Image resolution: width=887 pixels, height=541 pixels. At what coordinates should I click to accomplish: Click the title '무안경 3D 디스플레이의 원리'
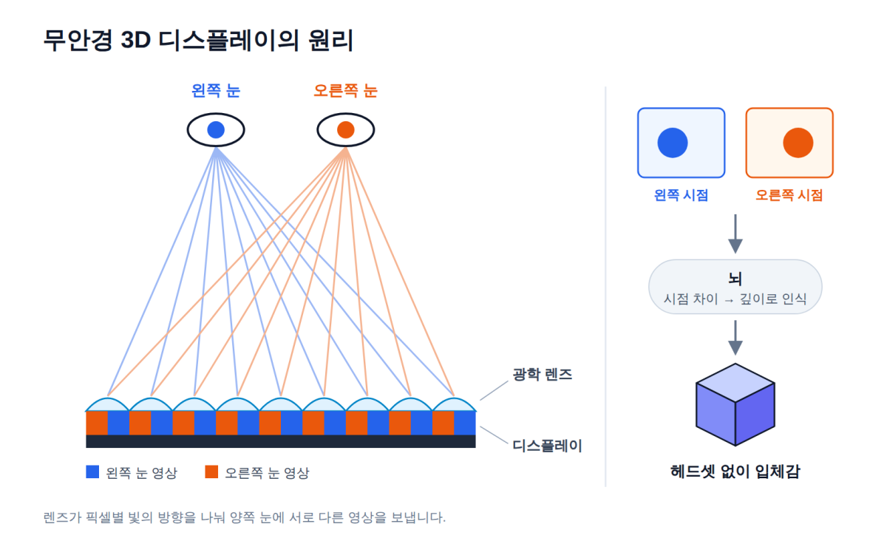pyautogui.click(x=198, y=40)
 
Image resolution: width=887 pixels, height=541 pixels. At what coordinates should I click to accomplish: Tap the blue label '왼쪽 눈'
pyautogui.click(x=216, y=91)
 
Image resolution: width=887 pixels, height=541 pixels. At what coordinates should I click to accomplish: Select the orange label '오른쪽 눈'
pyautogui.click(x=345, y=91)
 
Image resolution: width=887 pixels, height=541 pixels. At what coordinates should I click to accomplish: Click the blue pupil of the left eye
pyautogui.click(x=216, y=130)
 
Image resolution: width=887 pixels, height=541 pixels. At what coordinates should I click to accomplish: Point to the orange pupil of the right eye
pyautogui.click(x=346, y=130)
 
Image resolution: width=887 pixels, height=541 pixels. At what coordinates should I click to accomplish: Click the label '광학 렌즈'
pyautogui.click(x=543, y=374)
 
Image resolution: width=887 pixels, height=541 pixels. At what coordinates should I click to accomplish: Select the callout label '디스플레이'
pyautogui.click(x=547, y=446)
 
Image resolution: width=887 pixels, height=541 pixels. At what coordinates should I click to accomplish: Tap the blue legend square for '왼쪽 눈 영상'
pyautogui.click(x=92, y=472)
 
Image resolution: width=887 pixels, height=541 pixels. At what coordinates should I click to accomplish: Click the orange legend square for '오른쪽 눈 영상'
pyautogui.click(x=211, y=472)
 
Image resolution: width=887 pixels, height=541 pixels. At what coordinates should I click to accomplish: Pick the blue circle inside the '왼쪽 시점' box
pyautogui.click(x=673, y=143)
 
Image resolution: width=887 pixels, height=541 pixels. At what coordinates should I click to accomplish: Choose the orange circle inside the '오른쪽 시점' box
pyautogui.click(x=798, y=143)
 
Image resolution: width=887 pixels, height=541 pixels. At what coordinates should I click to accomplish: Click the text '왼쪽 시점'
pyautogui.click(x=681, y=195)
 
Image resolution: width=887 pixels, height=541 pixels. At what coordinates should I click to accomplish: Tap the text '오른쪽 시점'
pyautogui.click(x=789, y=195)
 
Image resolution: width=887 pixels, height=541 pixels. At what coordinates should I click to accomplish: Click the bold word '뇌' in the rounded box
pyautogui.click(x=735, y=279)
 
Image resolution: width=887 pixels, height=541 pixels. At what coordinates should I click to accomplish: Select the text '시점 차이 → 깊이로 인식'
pyautogui.click(x=735, y=299)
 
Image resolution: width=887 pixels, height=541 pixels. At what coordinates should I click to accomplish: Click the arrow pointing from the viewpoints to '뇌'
pyautogui.click(x=735, y=234)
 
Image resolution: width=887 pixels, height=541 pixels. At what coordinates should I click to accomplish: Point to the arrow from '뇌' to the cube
pyautogui.click(x=735, y=338)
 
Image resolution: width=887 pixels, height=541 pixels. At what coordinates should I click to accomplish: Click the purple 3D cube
pyautogui.click(x=735, y=405)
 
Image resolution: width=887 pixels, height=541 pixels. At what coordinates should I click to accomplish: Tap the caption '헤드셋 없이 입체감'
pyautogui.click(x=735, y=472)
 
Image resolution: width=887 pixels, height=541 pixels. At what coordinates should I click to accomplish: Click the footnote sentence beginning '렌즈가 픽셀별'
pyautogui.click(x=245, y=517)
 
